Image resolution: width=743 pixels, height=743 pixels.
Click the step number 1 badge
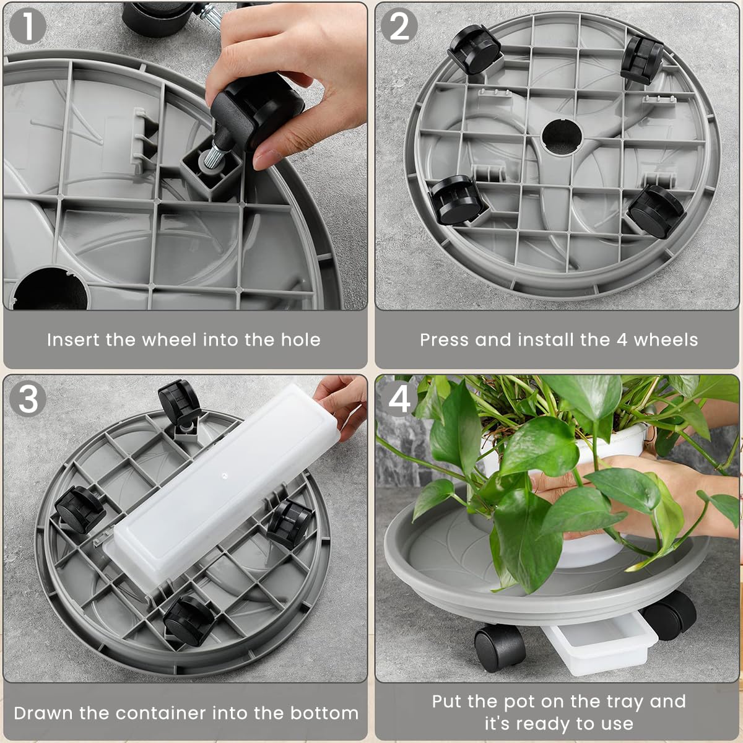click(27, 27)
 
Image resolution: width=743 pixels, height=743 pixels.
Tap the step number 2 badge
click(399, 27)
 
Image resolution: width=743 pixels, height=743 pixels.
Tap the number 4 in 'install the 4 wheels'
click(622, 340)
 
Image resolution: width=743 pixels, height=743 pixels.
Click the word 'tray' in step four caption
click(622, 702)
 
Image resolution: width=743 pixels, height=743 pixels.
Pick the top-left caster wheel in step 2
click(474, 49)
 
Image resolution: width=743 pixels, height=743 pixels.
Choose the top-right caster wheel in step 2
click(643, 58)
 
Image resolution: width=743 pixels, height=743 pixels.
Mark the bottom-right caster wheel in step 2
click(656, 211)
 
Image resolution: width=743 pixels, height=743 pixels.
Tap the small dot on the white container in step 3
click(224, 477)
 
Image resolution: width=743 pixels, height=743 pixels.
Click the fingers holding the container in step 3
click(341, 402)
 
